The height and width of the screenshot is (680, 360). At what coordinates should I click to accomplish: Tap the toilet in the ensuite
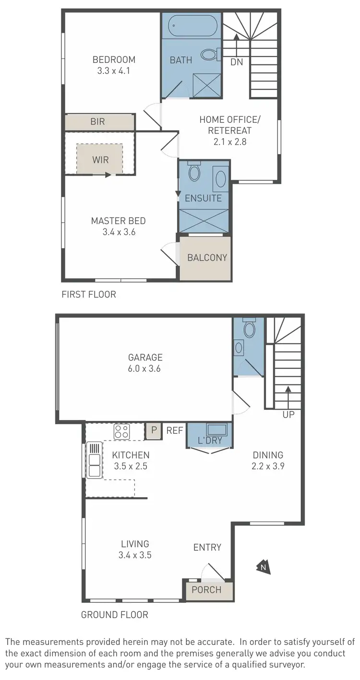pos(194,172)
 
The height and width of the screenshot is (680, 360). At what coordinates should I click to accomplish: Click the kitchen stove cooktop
pos(121,431)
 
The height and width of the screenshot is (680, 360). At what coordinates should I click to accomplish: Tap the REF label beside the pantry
pos(175,430)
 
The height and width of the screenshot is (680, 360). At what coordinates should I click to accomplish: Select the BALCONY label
pos(207,258)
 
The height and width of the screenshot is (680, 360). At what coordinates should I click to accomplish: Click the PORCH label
pos(206,590)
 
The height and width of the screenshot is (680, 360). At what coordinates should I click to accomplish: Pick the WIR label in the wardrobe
pos(100,160)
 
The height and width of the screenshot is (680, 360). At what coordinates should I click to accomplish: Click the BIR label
pos(97,122)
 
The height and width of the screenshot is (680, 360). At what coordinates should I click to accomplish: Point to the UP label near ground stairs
pos(288,415)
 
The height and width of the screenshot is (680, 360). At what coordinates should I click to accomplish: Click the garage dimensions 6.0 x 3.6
pos(145,369)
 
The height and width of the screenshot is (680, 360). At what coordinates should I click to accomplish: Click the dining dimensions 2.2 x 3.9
pos(269,465)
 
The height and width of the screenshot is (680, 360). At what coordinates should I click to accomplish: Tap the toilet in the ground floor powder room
pos(249,329)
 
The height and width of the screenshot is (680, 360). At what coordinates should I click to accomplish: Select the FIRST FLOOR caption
pos(89,294)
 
